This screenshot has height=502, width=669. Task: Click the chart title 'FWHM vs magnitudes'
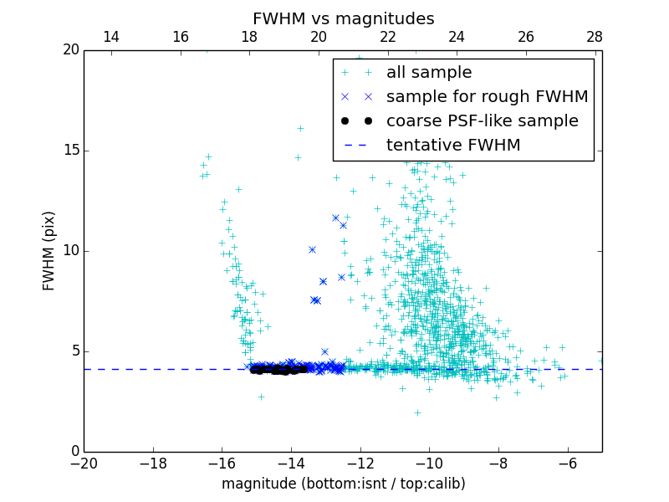(343, 18)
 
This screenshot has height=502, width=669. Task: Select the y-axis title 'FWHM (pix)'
(49, 251)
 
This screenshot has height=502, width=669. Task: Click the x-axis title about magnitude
(343, 484)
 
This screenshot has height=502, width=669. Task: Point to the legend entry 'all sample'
(429, 73)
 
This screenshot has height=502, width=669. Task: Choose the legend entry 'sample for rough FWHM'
(487, 97)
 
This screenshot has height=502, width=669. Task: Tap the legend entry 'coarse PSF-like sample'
(482, 121)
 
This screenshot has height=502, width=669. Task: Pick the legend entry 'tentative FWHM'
(453, 146)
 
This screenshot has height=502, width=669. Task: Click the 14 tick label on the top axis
(111, 37)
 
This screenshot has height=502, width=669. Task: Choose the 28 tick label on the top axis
(595, 37)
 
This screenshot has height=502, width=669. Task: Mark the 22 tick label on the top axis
(388, 37)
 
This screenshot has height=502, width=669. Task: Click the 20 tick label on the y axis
(70, 50)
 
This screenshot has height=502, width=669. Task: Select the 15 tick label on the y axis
(70, 151)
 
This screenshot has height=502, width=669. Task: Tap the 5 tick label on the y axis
(74, 351)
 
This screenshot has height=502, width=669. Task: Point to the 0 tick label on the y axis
(74, 452)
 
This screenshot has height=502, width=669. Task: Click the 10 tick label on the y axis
(70, 251)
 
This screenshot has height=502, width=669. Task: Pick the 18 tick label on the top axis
(249, 37)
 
